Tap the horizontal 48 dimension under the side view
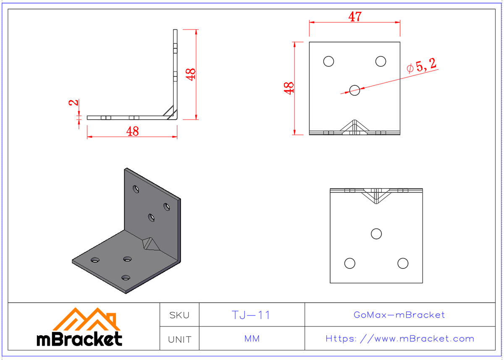click(x=132, y=131)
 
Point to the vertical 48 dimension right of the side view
click(x=191, y=74)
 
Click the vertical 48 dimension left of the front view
click(x=289, y=88)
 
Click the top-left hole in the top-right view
click(x=328, y=61)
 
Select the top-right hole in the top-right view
click(x=381, y=61)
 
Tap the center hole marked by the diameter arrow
click(x=354, y=89)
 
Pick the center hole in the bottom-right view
click(x=376, y=234)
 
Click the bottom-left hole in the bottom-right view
click(x=349, y=263)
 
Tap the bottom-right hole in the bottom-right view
click(x=403, y=263)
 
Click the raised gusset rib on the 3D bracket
click(x=149, y=243)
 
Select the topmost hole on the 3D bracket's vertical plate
click(x=136, y=189)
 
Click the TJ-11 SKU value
click(x=251, y=315)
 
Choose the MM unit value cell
click(x=252, y=339)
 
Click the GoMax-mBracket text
click(x=399, y=315)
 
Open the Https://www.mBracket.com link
click(x=399, y=339)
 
